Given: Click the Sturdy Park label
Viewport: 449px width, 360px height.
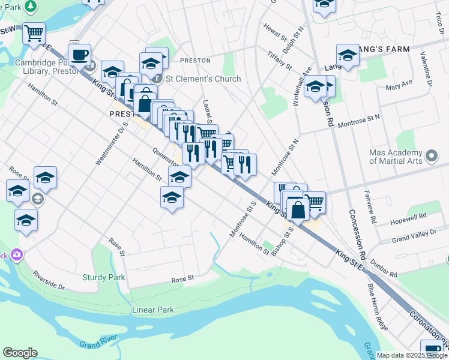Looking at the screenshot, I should pyautogui.click(x=103, y=277).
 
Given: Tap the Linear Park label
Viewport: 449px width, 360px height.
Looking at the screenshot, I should pyautogui.click(x=152, y=310).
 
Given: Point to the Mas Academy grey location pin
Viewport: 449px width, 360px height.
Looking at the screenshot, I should pyautogui.click(x=432, y=157).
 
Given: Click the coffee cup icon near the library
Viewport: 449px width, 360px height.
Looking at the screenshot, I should pyautogui.click(x=79, y=56).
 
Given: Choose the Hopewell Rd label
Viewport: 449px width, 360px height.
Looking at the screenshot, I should pyautogui.click(x=409, y=216).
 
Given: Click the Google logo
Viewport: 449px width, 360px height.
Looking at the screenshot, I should pyautogui.click(x=20, y=353).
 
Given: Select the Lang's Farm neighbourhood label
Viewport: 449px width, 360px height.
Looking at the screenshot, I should pyautogui.click(x=384, y=49).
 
